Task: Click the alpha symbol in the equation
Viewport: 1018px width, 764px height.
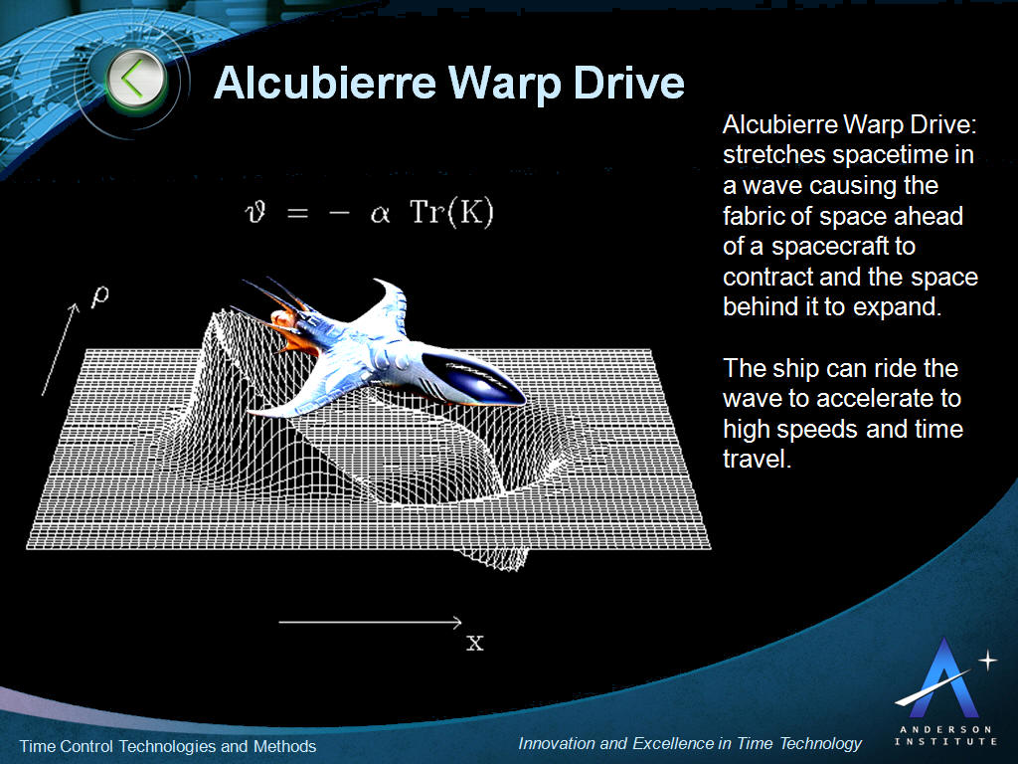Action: click(x=380, y=216)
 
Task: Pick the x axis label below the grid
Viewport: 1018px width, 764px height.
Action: click(x=475, y=643)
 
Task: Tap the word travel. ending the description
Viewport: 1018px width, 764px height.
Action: click(x=757, y=460)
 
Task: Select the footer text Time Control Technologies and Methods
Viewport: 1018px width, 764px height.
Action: click(x=168, y=746)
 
